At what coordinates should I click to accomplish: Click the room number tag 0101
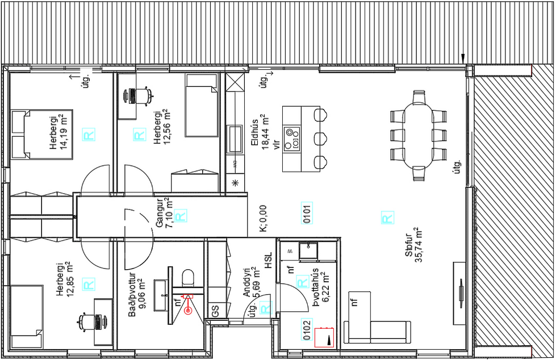pos(307,213)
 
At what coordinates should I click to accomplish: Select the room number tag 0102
pos(307,330)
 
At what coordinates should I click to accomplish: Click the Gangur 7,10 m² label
pos(164,212)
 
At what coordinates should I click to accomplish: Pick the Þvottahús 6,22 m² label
pos(320,287)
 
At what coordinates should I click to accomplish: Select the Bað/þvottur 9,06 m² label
pos(137,291)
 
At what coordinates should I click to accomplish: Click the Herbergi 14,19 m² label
pos(59,132)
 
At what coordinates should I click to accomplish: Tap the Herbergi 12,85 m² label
pos(65,280)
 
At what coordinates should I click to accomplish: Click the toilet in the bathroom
pos(188,278)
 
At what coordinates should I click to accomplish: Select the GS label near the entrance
pos(215,311)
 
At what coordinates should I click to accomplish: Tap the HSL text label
pos(269,260)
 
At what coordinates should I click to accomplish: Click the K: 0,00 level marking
pos(263,219)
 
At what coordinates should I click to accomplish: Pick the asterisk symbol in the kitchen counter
pos(235,183)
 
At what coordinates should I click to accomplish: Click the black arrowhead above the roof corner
pos(463,58)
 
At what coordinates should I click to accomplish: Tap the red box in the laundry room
pos(324,337)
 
